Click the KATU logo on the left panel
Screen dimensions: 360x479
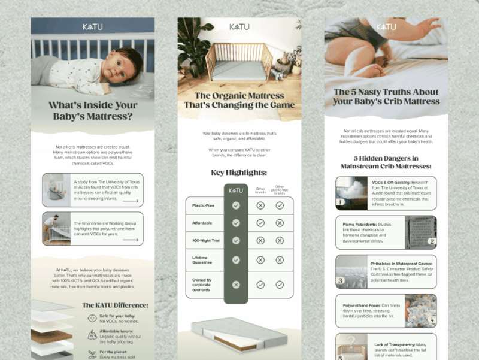coord(93,26)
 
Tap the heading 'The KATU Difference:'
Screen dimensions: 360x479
coord(115,305)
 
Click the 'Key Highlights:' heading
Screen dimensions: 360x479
coord(238,173)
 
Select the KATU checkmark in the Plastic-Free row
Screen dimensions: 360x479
coord(236,205)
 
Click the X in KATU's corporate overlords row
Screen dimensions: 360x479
coord(236,285)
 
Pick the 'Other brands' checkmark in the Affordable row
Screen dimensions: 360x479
coord(260,223)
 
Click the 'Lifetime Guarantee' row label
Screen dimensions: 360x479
coord(202,259)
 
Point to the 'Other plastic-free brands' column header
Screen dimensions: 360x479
coord(279,190)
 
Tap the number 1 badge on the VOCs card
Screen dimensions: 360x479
coord(339,202)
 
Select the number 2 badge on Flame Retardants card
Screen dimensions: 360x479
coord(431,241)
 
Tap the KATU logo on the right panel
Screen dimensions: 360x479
coord(386,26)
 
